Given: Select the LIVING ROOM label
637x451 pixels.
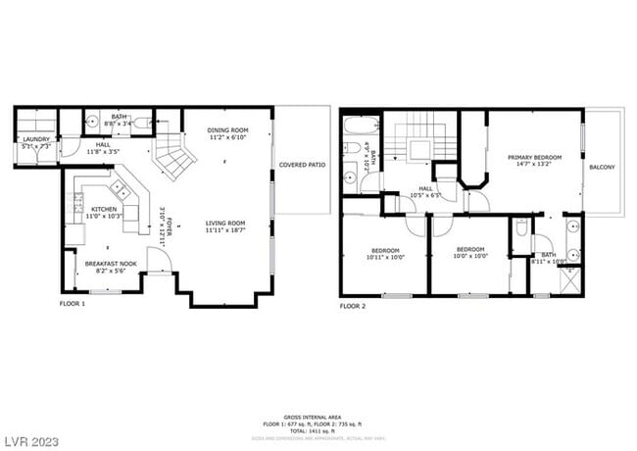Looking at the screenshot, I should tap(225, 224).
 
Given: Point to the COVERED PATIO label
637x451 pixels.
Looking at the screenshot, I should tap(301, 165).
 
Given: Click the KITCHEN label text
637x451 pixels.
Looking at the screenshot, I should tap(105, 210).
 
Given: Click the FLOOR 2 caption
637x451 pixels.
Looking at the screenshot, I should tap(354, 305).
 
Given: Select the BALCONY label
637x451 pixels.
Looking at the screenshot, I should tap(602, 168).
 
